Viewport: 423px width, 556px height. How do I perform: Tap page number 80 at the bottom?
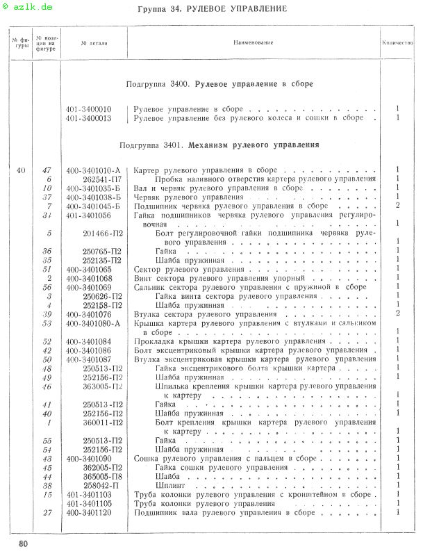tap(24, 542)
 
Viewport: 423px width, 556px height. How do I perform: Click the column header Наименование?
tap(254, 42)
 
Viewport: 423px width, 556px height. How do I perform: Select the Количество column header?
tap(397, 42)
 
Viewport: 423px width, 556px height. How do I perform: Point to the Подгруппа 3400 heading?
tap(219, 84)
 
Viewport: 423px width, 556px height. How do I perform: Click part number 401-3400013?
tap(89, 118)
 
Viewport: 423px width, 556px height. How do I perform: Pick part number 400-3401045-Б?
tap(94, 206)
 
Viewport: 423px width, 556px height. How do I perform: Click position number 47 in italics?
tap(47, 170)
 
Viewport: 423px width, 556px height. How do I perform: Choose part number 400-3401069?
tap(89, 287)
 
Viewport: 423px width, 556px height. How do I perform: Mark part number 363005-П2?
tap(103, 386)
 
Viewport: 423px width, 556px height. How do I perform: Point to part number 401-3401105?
tap(89, 504)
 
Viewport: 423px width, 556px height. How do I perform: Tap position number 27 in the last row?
tap(48, 513)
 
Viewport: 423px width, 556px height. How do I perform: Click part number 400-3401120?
tap(89, 513)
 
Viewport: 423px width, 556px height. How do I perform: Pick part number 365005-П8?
tap(103, 477)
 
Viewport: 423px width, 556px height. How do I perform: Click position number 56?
tap(48, 287)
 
